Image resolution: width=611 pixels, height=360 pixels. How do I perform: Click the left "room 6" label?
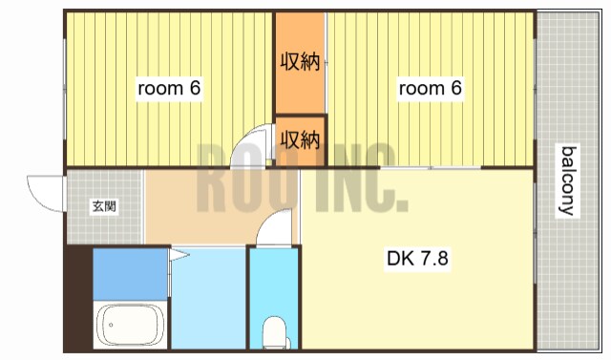(169, 89)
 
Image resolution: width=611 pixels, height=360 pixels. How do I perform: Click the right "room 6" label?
(430, 89)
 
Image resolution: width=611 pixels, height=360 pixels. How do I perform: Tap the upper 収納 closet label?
(300, 63)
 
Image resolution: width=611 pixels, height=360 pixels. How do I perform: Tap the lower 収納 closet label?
(300, 140)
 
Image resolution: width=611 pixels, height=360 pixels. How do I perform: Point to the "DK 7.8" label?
(418, 257)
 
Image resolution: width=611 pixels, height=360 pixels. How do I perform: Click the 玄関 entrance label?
(104, 205)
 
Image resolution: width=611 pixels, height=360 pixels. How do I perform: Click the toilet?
(274, 333)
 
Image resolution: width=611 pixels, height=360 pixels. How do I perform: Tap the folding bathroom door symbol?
(178, 254)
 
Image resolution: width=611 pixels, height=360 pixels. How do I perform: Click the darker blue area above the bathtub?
(130, 272)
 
